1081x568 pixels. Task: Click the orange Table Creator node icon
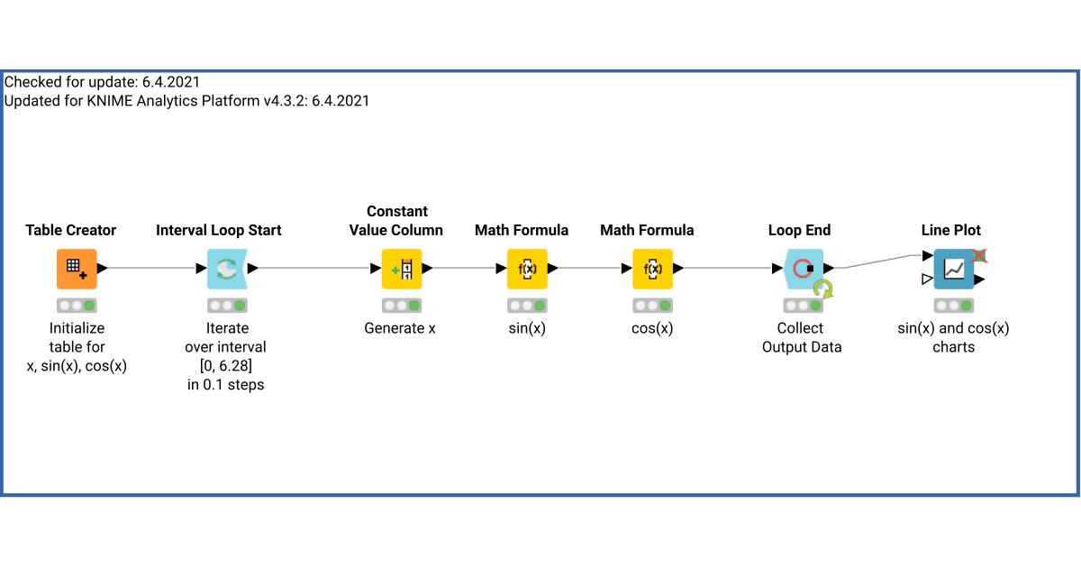coord(77,269)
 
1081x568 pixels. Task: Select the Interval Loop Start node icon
coord(226,269)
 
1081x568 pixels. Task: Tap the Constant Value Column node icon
coord(401,269)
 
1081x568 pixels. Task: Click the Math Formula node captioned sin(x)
coord(527,269)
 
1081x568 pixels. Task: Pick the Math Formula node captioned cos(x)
coord(652,269)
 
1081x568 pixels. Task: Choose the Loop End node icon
coord(801,269)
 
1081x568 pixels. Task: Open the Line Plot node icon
coord(953,269)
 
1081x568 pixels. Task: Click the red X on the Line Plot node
coord(979,256)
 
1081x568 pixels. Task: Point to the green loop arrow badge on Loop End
coord(823,289)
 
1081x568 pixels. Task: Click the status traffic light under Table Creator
coord(77,306)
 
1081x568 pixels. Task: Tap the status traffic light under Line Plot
coord(953,306)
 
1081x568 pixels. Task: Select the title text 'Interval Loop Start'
coord(219,231)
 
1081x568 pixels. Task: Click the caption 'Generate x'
coord(400,329)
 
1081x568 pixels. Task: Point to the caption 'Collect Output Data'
coord(801,338)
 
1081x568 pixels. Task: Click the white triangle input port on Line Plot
coord(927,279)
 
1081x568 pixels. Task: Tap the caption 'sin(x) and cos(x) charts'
coord(953,338)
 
